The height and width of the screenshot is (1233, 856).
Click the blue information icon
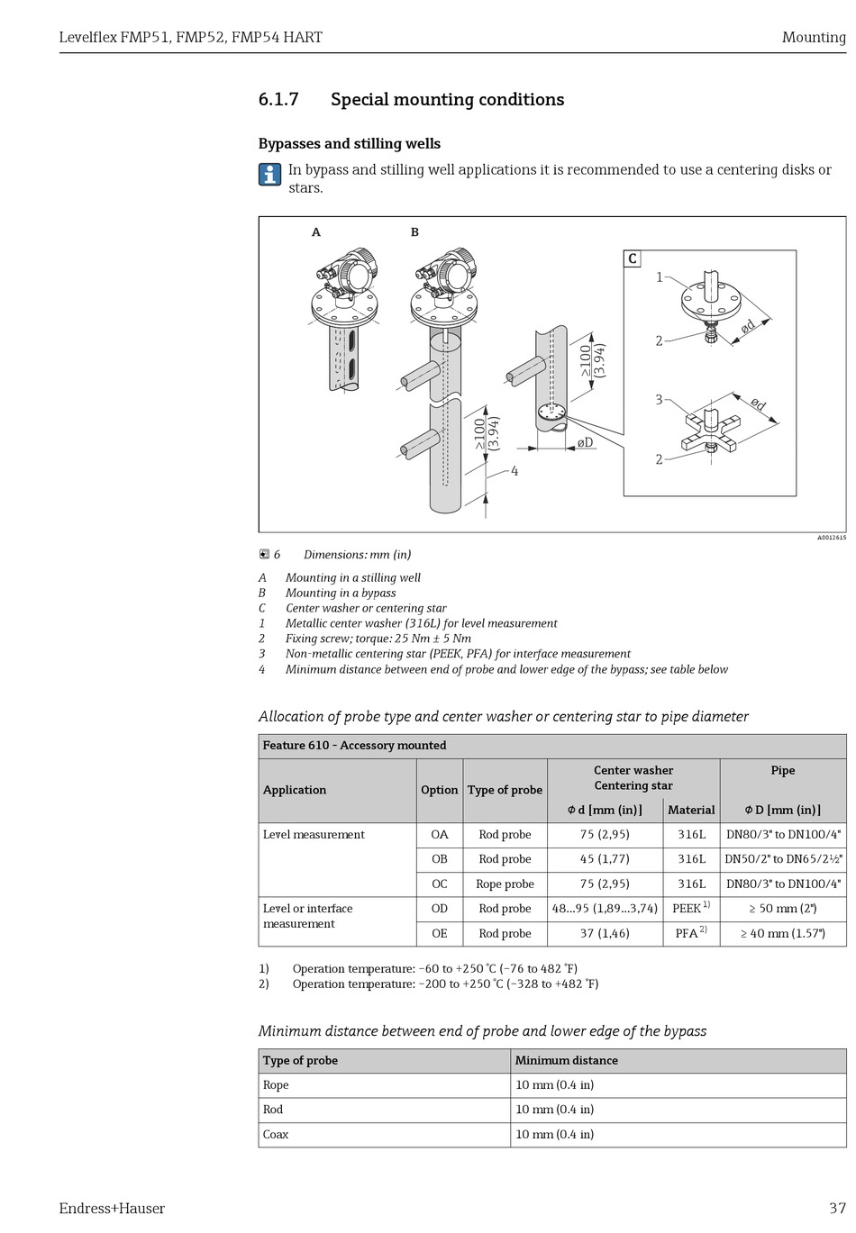tap(269, 175)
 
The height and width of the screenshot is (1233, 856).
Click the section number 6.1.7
tap(278, 100)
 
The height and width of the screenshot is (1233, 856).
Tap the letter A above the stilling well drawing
tap(316, 232)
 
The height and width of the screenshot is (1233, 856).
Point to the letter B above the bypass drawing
tap(414, 232)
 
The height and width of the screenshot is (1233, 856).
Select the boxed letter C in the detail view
tap(633, 259)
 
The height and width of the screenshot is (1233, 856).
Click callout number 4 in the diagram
tap(515, 471)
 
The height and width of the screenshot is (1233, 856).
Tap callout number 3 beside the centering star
tap(659, 400)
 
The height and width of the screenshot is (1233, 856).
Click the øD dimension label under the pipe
tap(586, 442)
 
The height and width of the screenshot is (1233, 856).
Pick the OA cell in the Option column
tap(440, 835)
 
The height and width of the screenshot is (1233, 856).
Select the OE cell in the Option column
tap(440, 934)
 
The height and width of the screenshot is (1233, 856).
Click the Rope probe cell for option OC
tap(505, 884)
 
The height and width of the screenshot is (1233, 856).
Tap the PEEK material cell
tap(690, 909)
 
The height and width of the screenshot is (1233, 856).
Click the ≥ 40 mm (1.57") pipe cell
tap(783, 934)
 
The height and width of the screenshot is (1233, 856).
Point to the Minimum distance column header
tap(567, 1061)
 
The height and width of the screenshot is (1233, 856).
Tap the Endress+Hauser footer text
tap(112, 1209)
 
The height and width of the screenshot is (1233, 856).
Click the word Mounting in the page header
tap(814, 38)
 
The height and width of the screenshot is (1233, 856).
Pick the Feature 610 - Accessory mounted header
tap(354, 746)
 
